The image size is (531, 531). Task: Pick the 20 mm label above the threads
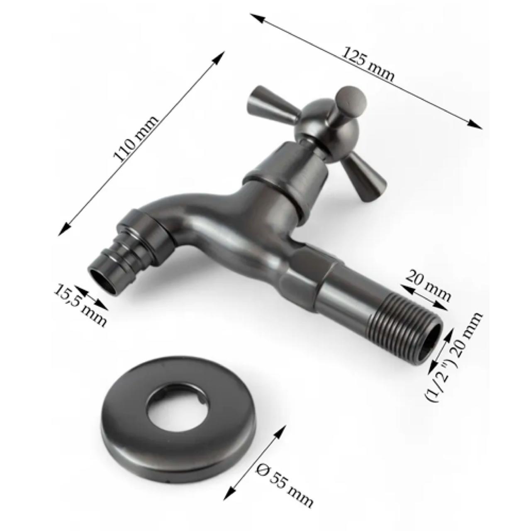coord(428,285)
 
